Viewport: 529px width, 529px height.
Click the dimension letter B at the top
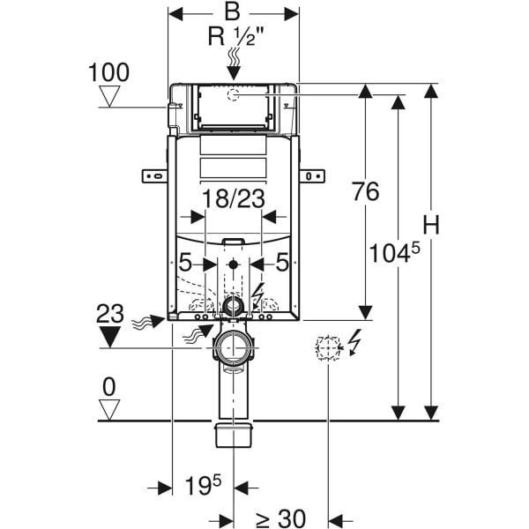click(x=233, y=12)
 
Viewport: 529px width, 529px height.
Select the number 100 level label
click(x=109, y=71)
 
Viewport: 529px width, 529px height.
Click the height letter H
click(x=430, y=226)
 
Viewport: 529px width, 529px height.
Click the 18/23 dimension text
click(x=234, y=198)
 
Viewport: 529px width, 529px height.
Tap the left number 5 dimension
click(x=185, y=262)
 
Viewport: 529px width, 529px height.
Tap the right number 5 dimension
click(x=282, y=262)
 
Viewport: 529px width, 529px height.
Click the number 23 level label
click(x=109, y=311)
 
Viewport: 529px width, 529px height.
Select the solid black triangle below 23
click(x=110, y=336)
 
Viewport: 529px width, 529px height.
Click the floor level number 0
click(x=109, y=385)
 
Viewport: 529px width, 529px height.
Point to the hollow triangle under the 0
click(x=109, y=408)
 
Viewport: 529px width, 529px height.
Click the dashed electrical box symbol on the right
click(x=327, y=347)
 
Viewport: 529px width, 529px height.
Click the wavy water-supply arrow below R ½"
click(x=234, y=63)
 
